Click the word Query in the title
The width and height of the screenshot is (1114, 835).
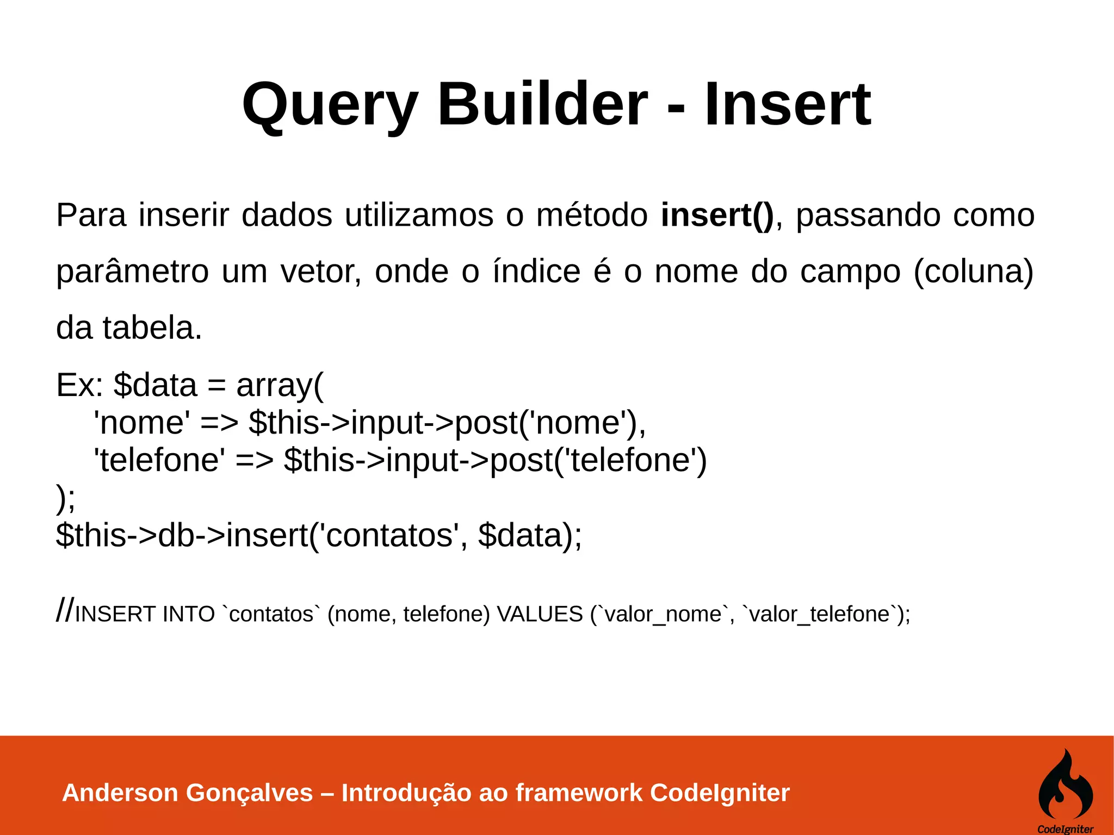pos(330,104)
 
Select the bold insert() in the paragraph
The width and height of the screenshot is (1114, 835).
pos(717,215)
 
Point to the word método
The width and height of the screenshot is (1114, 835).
pos(592,215)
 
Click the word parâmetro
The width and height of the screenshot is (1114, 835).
pos(132,271)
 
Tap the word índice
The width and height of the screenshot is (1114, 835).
pos(536,271)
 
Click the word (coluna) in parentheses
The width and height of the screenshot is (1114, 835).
pos(973,271)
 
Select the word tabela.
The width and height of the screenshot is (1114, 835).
pos(152,328)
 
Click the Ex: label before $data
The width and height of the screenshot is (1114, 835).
pos(79,385)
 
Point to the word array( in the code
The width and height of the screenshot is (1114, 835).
pos(280,386)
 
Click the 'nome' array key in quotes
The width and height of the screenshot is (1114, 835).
pos(142,423)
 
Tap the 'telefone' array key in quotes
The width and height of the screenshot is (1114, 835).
pos(159,460)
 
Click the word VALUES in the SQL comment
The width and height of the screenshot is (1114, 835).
pos(540,614)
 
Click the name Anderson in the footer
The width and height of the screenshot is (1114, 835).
pos(120,793)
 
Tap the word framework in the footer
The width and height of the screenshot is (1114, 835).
pos(579,793)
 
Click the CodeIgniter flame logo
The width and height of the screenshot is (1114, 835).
pos(1065,785)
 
